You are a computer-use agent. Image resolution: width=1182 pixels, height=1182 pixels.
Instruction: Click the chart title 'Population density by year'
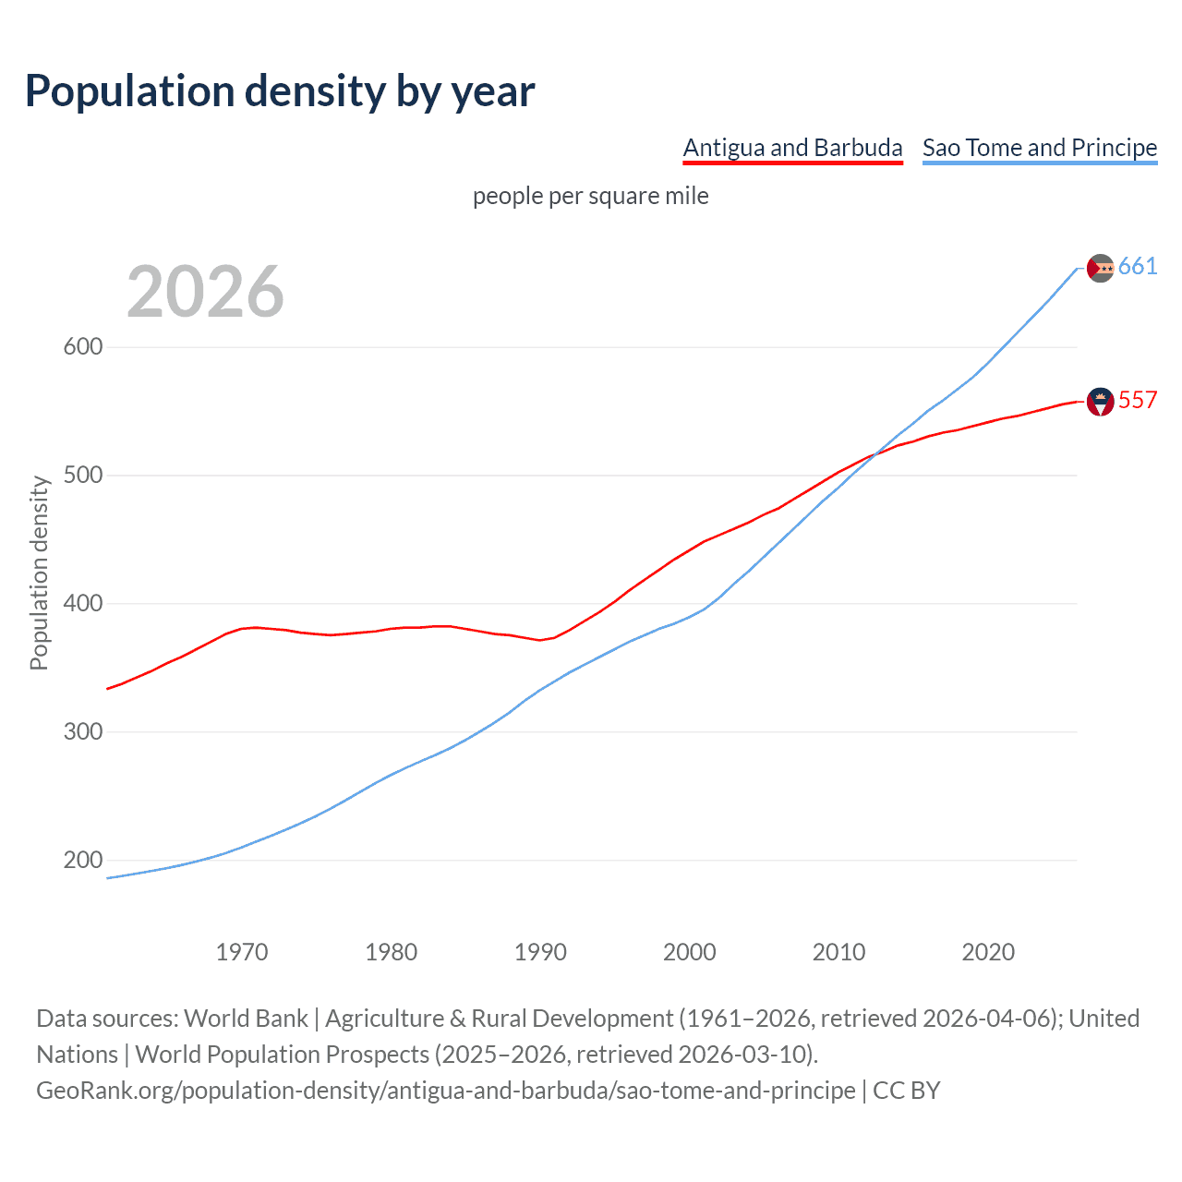click(x=280, y=91)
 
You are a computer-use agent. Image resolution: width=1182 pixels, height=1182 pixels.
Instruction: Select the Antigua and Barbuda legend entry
click(x=792, y=148)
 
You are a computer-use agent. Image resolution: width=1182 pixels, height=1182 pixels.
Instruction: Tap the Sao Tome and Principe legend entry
click(x=1040, y=148)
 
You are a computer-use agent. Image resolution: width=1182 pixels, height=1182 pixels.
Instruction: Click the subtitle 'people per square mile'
click(x=591, y=196)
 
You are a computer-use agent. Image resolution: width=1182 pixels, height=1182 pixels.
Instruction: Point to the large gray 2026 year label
click(x=205, y=292)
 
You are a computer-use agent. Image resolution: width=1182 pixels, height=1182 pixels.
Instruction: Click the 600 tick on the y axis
click(x=82, y=347)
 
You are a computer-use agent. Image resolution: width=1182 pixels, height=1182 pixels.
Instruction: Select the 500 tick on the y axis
click(x=82, y=476)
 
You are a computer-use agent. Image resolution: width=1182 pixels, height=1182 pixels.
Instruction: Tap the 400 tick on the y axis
click(x=82, y=604)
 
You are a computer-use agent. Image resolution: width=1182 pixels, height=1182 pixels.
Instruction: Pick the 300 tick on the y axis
click(x=82, y=732)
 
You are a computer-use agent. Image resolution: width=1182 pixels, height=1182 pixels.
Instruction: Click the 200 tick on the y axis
click(x=82, y=861)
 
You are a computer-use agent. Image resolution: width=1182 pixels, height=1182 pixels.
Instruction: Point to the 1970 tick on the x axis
click(x=242, y=952)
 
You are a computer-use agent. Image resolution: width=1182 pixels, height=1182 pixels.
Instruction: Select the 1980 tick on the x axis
click(x=392, y=952)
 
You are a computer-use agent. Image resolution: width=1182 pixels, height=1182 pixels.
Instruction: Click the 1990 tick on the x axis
click(x=540, y=952)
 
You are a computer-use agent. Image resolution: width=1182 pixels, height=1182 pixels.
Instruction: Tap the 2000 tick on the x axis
click(x=690, y=952)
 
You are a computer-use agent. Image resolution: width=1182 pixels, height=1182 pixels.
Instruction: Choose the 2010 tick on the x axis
click(x=838, y=952)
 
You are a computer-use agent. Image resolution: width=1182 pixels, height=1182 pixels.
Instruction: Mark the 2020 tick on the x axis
click(x=988, y=952)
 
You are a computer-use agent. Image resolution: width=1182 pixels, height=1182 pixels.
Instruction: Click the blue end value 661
click(x=1138, y=267)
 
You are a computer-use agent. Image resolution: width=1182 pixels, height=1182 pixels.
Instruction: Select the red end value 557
click(x=1138, y=400)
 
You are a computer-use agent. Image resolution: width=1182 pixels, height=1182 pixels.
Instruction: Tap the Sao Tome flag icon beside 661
click(x=1101, y=268)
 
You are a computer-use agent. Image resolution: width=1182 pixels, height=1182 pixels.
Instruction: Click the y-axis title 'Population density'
click(x=39, y=573)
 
